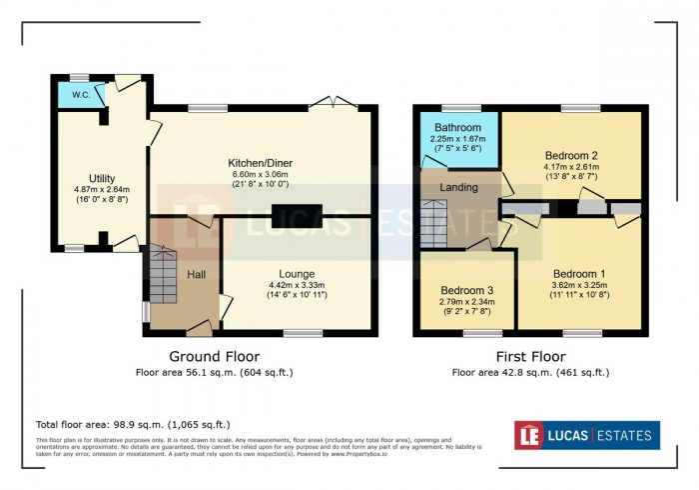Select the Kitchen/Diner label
pyautogui.click(x=265, y=162)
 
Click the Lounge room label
pyautogui.click(x=298, y=273)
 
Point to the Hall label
pyautogui.click(x=197, y=274)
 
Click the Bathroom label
pyautogui.click(x=457, y=128)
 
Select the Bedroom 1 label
pyautogui.click(x=579, y=273)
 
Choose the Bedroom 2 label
pyautogui.click(x=570, y=155)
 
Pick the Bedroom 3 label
pyautogui.click(x=466, y=291)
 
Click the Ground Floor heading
pyautogui.click(x=214, y=356)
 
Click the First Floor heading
pyautogui.click(x=530, y=356)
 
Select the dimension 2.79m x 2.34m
pyautogui.click(x=466, y=303)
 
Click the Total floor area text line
pyautogui.click(x=133, y=424)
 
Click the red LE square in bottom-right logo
pyautogui.click(x=530, y=435)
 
